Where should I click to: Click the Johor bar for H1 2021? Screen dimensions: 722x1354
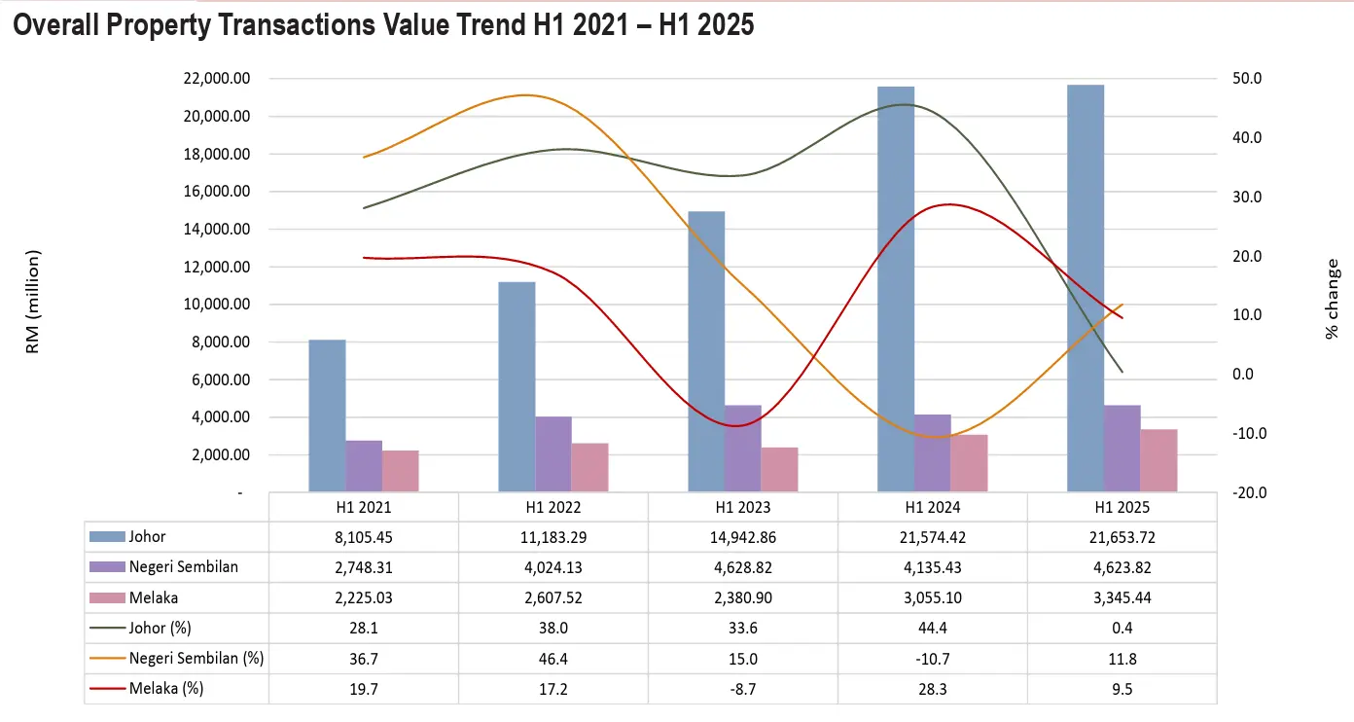point(327,415)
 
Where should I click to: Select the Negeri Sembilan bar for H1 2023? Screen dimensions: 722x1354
point(743,448)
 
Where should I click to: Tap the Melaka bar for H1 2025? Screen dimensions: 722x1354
point(1158,460)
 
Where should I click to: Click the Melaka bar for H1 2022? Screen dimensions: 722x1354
point(590,467)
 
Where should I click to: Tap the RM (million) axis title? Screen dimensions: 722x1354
point(32,302)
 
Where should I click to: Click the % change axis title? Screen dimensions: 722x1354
point(1332,299)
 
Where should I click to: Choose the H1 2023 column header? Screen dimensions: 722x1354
point(743,507)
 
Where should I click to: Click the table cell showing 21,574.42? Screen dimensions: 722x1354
point(932,536)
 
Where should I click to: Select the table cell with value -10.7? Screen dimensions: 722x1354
point(932,659)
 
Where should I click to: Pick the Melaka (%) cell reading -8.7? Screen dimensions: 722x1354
point(743,690)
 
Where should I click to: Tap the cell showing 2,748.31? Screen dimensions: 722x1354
point(364,567)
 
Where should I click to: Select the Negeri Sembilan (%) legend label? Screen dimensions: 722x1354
point(196,659)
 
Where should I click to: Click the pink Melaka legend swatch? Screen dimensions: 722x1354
point(107,598)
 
